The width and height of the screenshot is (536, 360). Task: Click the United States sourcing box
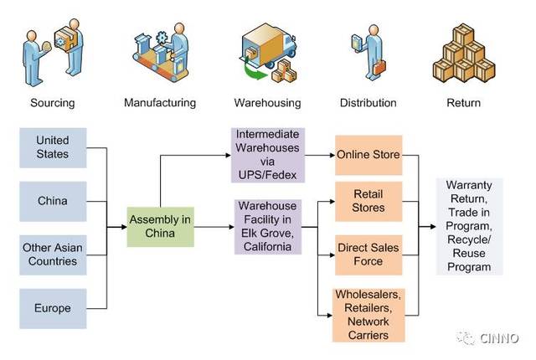click(x=53, y=147)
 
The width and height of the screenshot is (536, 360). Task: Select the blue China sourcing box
click(x=53, y=201)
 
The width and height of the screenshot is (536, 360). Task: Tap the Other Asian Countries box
click(x=53, y=255)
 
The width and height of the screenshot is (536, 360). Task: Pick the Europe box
click(x=53, y=308)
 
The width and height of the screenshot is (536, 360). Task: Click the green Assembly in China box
click(x=160, y=227)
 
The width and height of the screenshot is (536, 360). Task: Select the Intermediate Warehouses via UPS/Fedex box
click(x=268, y=155)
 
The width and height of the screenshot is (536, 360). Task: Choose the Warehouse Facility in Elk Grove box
click(x=268, y=227)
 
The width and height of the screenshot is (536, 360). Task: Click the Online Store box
click(x=368, y=155)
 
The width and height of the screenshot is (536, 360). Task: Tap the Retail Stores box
click(x=368, y=201)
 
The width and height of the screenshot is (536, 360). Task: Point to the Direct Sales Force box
click(x=368, y=255)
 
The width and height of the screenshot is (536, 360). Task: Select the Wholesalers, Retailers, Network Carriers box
click(x=368, y=315)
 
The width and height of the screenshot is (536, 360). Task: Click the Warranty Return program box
click(x=469, y=226)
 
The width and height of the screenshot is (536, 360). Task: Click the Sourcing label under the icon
click(x=53, y=103)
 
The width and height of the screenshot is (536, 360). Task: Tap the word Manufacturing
click(x=160, y=103)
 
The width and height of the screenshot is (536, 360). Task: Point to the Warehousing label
click(x=268, y=103)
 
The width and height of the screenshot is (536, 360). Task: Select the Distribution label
click(x=368, y=103)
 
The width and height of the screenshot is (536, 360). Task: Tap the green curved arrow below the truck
click(x=255, y=70)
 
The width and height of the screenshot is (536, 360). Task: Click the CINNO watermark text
click(x=499, y=338)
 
